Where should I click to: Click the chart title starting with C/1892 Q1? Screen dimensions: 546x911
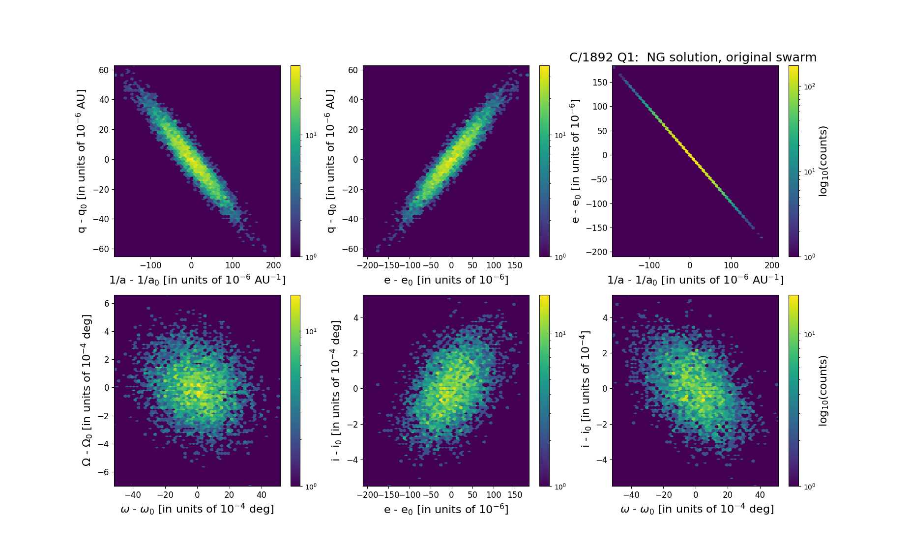click(693, 57)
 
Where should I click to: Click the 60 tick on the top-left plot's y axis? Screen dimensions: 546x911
click(104, 70)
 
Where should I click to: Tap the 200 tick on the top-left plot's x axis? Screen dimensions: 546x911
click(273, 265)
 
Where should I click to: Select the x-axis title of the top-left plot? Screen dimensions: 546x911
click(197, 280)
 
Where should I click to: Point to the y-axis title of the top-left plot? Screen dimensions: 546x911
click(82, 161)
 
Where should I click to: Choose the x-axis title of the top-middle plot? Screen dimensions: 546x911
click(446, 280)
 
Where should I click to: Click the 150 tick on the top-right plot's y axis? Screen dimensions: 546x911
click(600, 82)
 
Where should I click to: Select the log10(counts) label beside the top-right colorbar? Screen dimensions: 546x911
click(823, 161)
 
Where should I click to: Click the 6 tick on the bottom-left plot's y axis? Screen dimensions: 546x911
click(106, 304)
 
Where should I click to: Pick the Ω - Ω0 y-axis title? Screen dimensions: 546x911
click(87, 390)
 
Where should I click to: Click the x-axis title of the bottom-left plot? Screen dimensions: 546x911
click(197, 509)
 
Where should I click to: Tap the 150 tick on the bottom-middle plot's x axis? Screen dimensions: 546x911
click(515, 495)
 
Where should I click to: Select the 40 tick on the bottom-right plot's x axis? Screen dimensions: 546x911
click(760, 495)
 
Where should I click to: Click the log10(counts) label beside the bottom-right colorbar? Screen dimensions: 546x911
click(823, 390)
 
